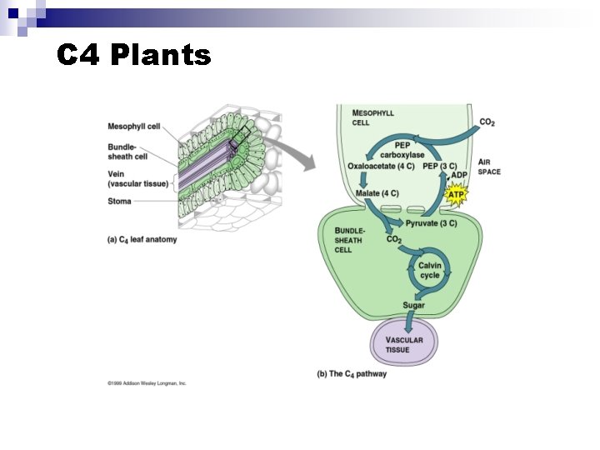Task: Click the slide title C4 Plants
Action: (134, 55)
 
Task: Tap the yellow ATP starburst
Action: (456, 195)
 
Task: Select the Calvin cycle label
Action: (430, 270)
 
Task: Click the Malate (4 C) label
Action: (377, 194)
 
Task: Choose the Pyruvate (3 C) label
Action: (432, 223)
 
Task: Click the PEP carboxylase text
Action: (402, 150)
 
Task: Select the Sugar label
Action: (413, 306)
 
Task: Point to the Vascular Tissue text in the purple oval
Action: (403, 344)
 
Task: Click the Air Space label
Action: (489, 167)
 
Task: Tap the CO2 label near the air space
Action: (487, 122)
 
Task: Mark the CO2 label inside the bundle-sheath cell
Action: (394, 240)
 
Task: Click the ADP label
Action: (459, 176)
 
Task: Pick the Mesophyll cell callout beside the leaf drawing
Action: (133, 127)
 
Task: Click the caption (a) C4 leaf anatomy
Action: (142, 240)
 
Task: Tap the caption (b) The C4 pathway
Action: (352, 374)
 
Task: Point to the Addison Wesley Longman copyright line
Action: (147, 383)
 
